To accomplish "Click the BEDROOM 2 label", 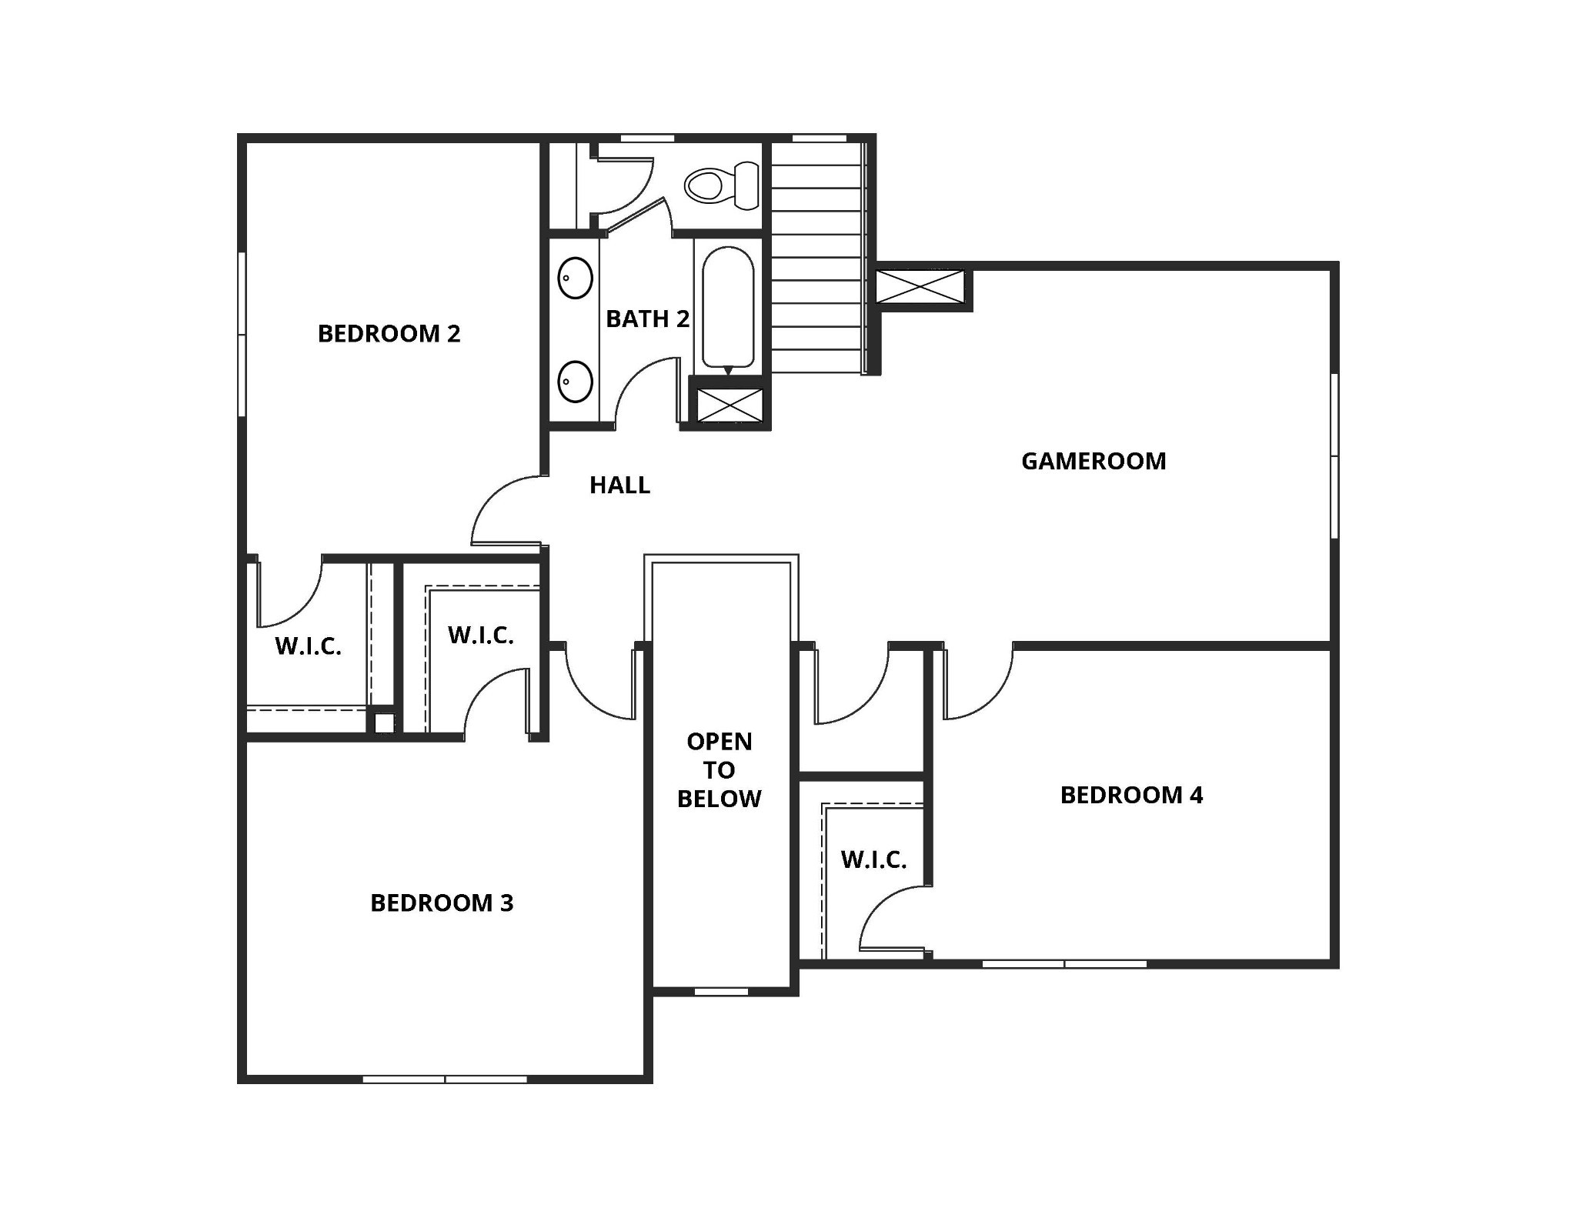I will pyautogui.click(x=389, y=334).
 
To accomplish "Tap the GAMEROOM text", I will pyautogui.click(x=1094, y=461).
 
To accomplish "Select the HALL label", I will pyautogui.click(x=619, y=486).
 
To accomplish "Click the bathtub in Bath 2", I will pyautogui.click(x=727, y=306).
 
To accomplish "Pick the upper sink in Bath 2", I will pyautogui.click(x=575, y=278).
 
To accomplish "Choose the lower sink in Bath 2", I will pyautogui.click(x=575, y=381).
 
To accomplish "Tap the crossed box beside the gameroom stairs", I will pyautogui.click(x=920, y=287).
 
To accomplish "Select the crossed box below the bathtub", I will pyautogui.click(x=730, y=405).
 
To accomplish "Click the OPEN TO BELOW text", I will pyautogui.click(x=720, y=770).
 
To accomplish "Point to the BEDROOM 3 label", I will pyautogui.click(x=442, y=903).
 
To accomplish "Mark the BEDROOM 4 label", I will pyautogui.click(x=1131, y=795).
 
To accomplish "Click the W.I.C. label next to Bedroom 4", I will pyautogui.click(x=873, y=859).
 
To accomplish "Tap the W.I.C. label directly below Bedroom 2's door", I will pyautogui.click(x=308, y=646).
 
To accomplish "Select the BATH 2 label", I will pyautogui.click(x=647, y=319).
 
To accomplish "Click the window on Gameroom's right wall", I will pyautogui.click(x=1334, y=455).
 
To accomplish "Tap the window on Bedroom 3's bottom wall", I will pyautogui.click(x=445, y=1079).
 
